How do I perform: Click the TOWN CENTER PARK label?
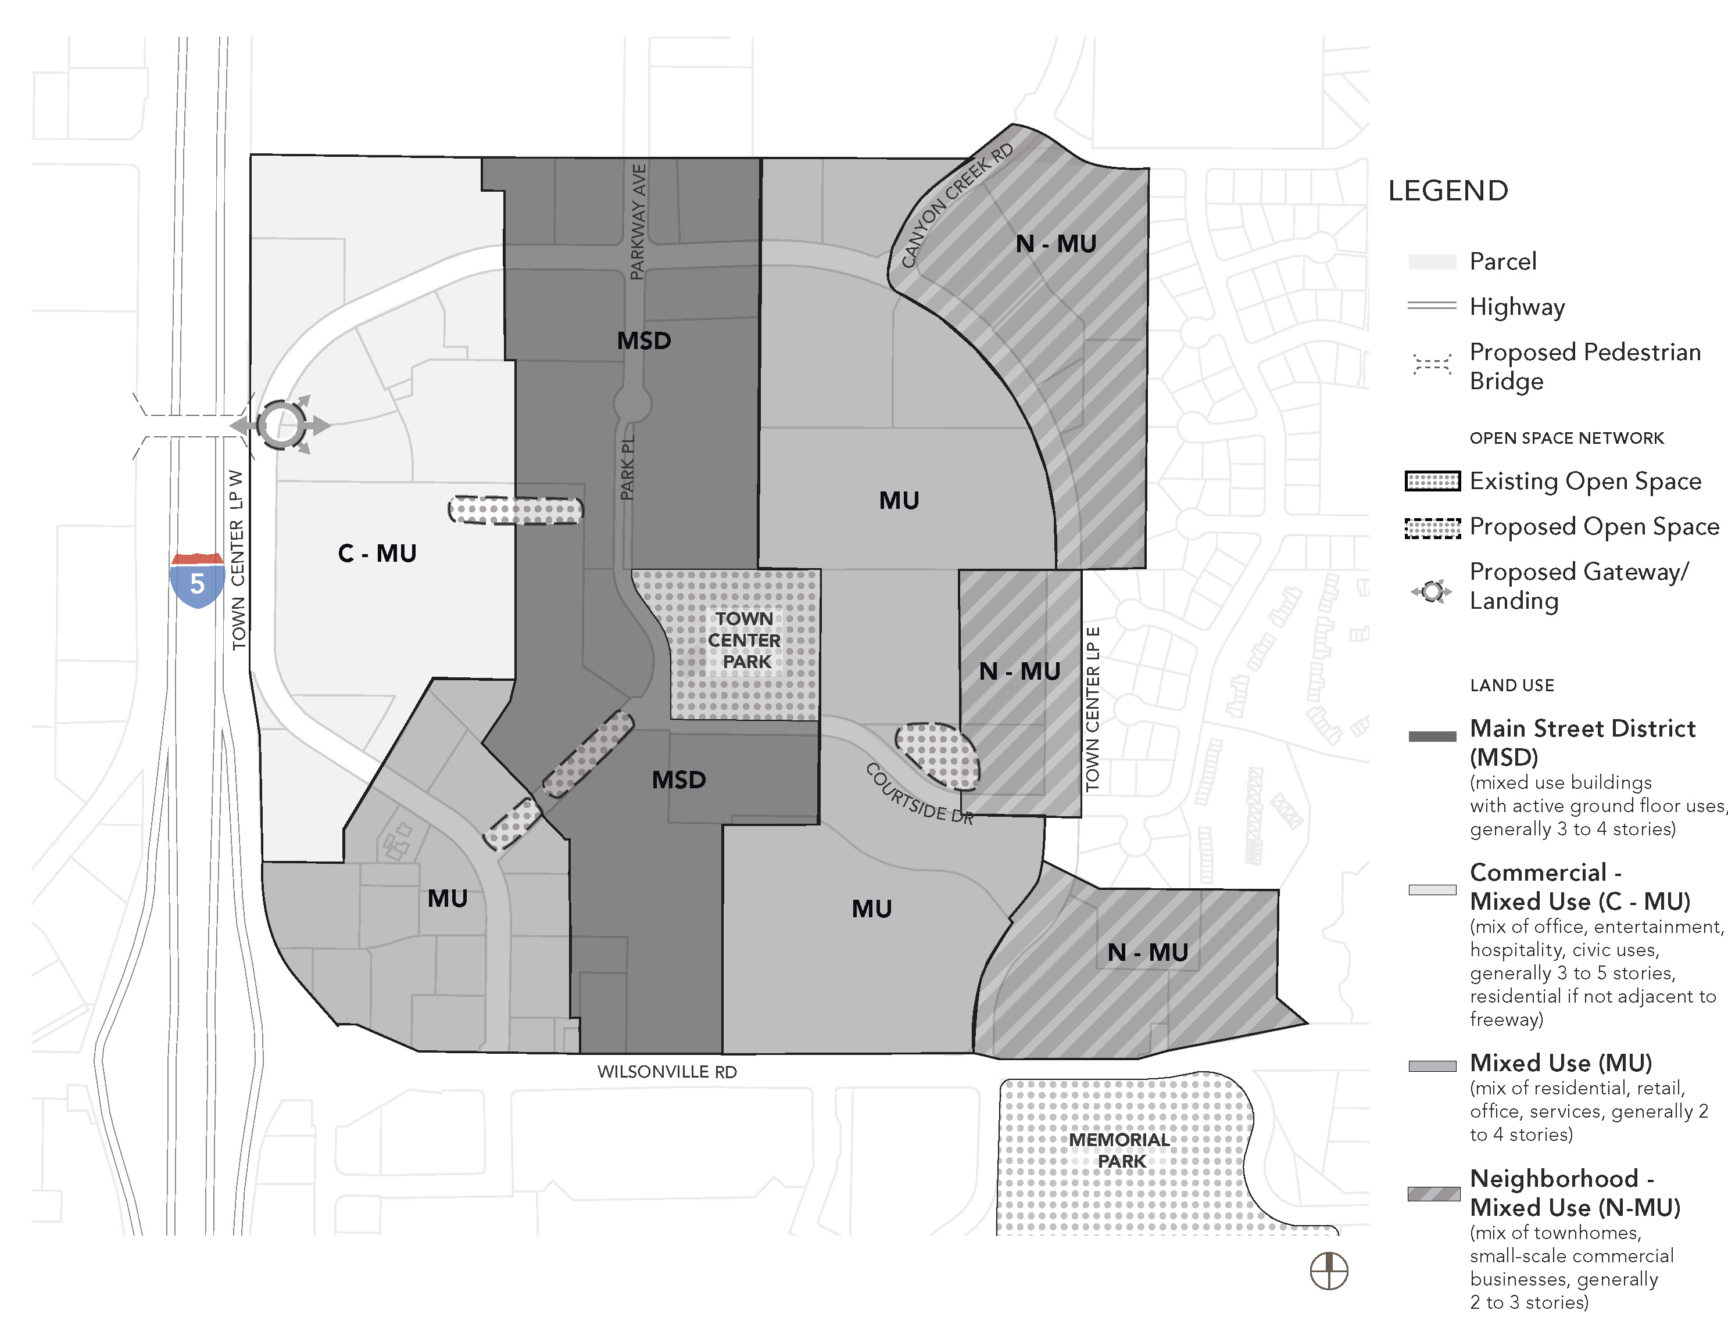(x=745, y=640)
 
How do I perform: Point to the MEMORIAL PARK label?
(x=1119, y=1150)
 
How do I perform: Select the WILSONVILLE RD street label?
(x=667, y=1072)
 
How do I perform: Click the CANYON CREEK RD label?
(x=957, y=205)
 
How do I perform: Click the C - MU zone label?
(x=377, y=553)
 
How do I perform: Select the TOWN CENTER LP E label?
(x=1093, y=709)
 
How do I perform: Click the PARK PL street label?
(x=627, y=468)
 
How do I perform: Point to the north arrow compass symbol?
(x=1329, y=1271)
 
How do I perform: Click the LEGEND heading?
(x=1448, y=191)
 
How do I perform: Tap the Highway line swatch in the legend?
(x=1432, y=306)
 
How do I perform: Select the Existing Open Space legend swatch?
(x=1433, y=481)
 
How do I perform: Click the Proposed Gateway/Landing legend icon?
(x=1432, y=591)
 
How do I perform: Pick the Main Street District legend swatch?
(x=1432, y=737)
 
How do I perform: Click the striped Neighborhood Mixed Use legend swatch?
(x=1434, y=1193)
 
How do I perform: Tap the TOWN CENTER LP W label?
(x=237, y=560)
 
